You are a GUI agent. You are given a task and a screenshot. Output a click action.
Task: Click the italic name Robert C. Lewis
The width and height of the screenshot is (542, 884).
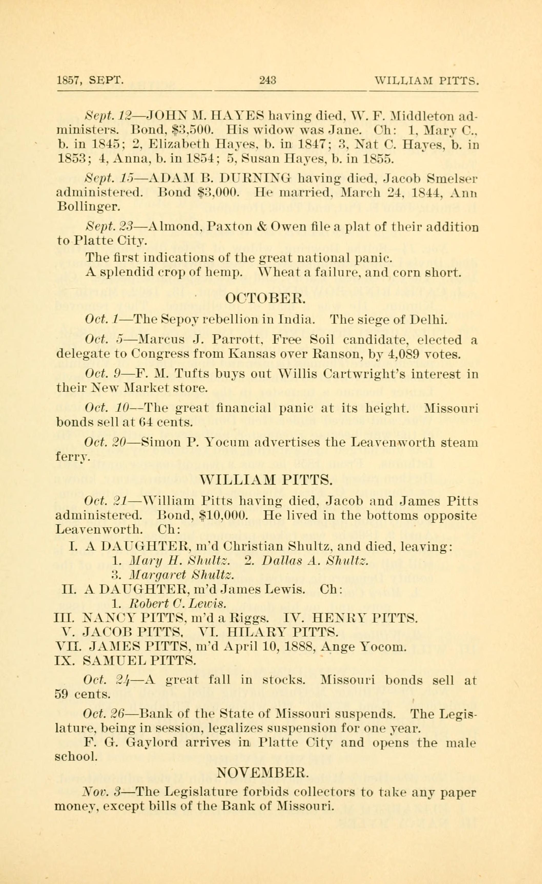177,604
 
